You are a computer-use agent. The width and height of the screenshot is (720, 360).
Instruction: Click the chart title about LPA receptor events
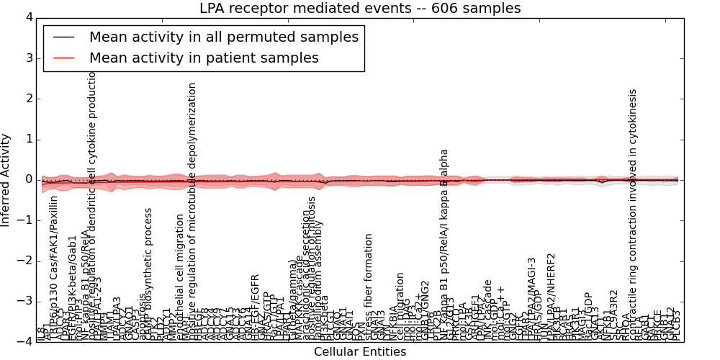(x=360, y=8)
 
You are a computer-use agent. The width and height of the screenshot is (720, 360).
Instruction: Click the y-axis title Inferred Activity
(x=6, y=179)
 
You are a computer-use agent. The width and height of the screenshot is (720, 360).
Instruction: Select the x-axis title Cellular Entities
(x=360, y=352)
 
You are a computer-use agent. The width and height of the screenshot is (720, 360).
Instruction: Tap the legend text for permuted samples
(x=224, y=37)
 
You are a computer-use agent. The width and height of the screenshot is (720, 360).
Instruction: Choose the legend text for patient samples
(x=204, y=58)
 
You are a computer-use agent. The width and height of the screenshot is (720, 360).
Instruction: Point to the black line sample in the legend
(x=63, y=37)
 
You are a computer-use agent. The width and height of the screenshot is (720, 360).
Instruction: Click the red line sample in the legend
(x=63, y=58)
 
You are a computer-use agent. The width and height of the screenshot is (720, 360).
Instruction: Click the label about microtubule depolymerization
(x=192, y=209)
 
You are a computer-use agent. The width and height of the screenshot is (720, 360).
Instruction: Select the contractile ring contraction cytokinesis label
(x=633, y=216)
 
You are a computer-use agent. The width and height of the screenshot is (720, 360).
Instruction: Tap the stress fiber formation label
(x=369, y=286)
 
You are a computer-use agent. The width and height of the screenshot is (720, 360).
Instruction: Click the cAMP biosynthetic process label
(x=148, y=274)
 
